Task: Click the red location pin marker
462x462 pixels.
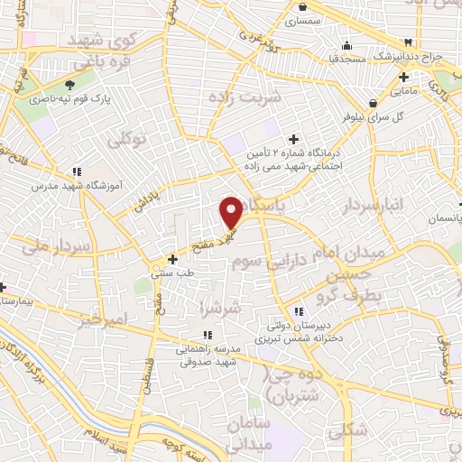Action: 232,211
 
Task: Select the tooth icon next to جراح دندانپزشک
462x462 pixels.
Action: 408,42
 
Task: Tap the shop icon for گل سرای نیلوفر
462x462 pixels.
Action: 372,103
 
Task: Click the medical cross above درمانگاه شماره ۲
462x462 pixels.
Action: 291,139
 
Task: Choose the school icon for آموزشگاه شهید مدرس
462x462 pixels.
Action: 78,170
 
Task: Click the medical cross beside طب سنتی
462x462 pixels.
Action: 172,259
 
